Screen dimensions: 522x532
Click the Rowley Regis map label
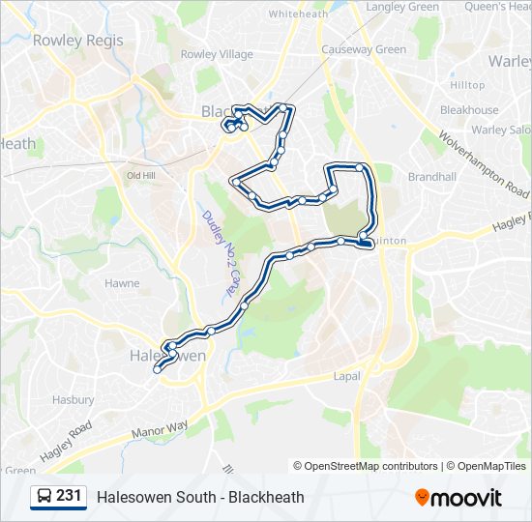(x=64, y=41)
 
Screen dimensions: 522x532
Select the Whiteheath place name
(x=299, y=14)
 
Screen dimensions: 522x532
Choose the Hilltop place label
(x=467, y=85)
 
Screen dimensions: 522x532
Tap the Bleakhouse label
(x=469, y=110)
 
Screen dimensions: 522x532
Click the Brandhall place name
(x=431, y=177)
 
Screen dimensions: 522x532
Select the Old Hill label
(x=141, y=175)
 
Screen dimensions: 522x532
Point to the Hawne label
(x=122, y=283)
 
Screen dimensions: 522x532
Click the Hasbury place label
(x=73, y=399)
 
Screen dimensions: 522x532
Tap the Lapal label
(x=346, y=375)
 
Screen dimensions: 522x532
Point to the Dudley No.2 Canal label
(x=218, y=253)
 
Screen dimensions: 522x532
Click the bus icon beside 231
(x=44, y=497)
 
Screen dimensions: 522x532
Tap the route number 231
(x=69, y=497)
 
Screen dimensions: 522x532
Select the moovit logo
(x=458, y=497)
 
